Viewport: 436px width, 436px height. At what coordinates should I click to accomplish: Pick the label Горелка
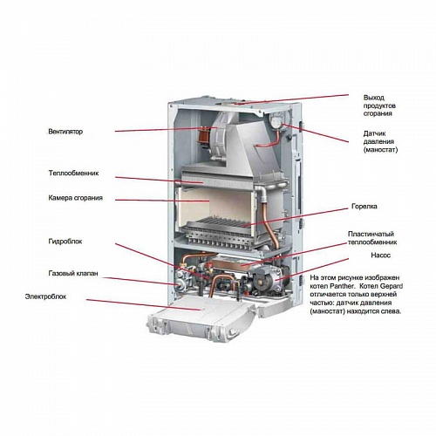tap(364, 208)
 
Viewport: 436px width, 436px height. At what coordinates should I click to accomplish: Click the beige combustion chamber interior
tap(218, 209)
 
